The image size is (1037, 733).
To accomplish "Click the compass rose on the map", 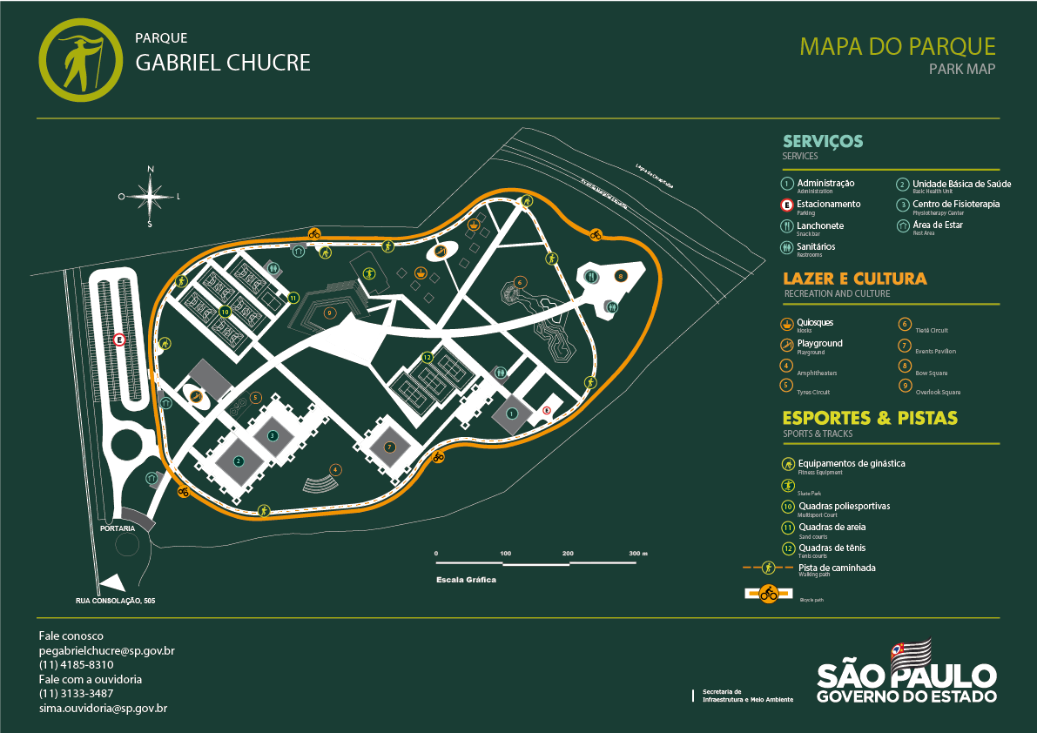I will pos(150,196).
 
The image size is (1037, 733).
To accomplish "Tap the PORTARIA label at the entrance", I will pos(117,528).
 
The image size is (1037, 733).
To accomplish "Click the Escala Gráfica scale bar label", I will pos(466,579).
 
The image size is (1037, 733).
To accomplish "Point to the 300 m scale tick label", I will pos(638,554).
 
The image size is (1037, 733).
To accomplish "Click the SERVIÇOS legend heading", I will pos(823,142).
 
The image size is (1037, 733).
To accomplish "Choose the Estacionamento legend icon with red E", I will pos(787,205).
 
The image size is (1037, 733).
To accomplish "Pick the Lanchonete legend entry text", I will pos(820,225).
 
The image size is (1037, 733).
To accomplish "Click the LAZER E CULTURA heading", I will pos(855,279).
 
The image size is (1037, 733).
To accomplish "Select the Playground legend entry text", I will pos(820,343).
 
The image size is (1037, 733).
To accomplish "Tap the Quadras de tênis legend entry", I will pos(832,548).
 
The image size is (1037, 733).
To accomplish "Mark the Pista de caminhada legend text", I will pos(837,568).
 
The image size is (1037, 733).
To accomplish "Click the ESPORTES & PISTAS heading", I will pos(870,418).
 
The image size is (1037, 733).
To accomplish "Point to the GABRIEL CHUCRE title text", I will pos(223,63).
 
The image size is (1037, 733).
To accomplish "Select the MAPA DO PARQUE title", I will pos(897,46).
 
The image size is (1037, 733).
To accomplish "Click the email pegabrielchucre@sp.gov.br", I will pos(107,650).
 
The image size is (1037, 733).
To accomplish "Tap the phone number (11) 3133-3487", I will pos(76,694).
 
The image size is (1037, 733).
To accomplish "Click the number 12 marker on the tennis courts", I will pos(428,357).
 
